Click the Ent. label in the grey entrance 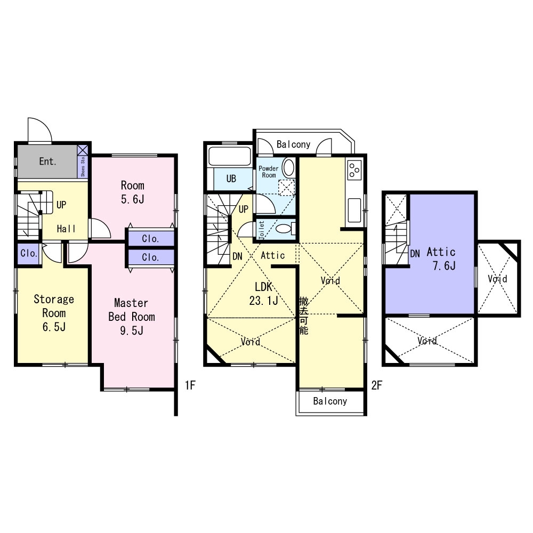pyautogui.click(x=47, y=161)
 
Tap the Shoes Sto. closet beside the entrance pyautogui.click(x=83, y=161)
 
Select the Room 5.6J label pyautogui.click(x=132, y=192)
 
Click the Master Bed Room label pyautogui.click(x=132, y=317)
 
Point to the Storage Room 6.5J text pyautogui.click(x=54, y=313)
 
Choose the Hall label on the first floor pyautogui.click(x=67, y=229)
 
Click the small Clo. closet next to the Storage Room pyautogui.click(x=29, y=254)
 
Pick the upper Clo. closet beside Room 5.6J pyautogui.click(x=151, y=239)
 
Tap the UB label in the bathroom pyautogui.click(x=231, y=179)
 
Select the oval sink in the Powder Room pyautogui.click(x=288, y=168)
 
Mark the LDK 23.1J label pyautogui.click(x=264, y=294)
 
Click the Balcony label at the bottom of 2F pyautogui.click(x=330, y=401)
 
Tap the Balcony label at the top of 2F pyautogui.click(x=293, y=144)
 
